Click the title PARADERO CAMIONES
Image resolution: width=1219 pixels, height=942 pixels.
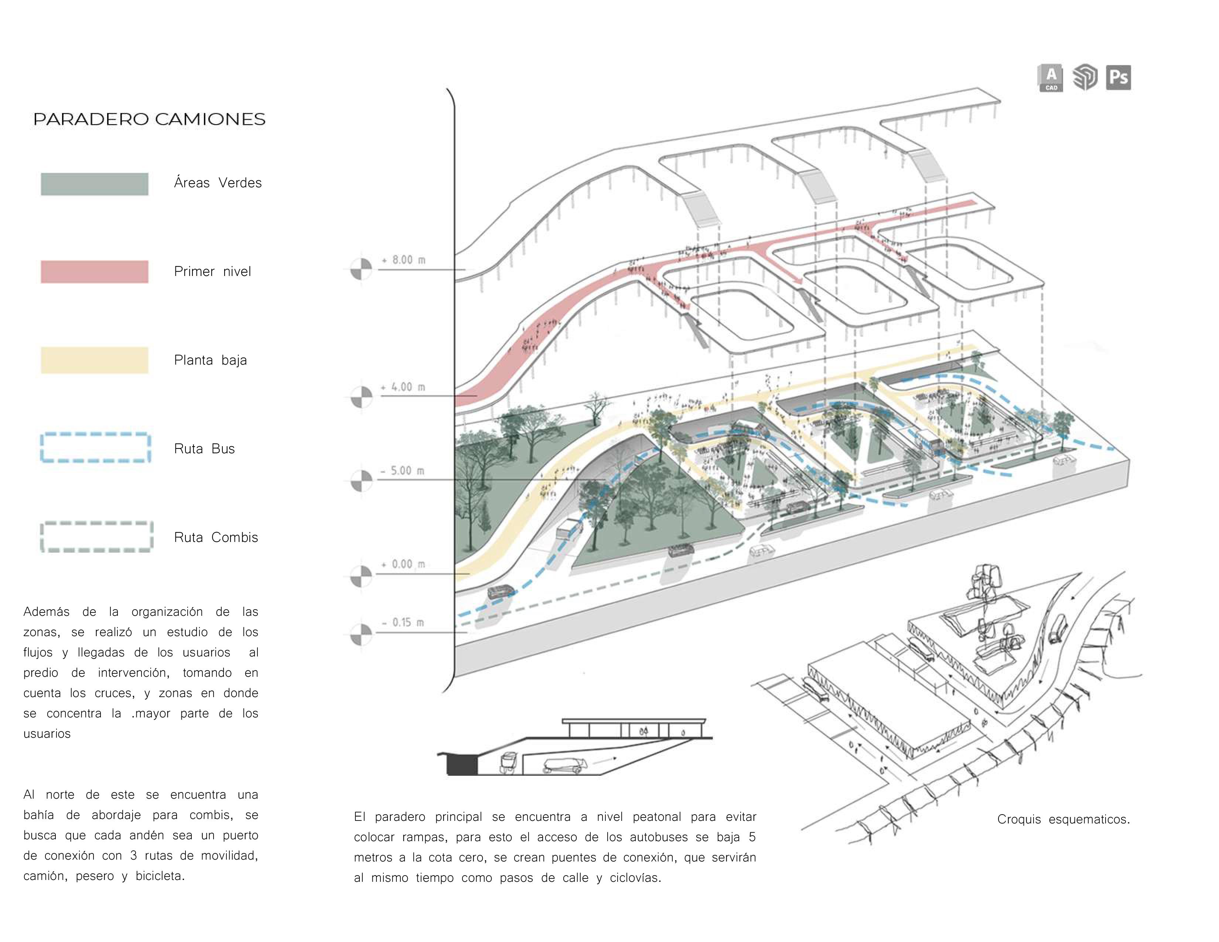149,119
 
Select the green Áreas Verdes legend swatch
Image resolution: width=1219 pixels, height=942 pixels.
94,184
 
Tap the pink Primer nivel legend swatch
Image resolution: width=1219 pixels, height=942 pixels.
94,272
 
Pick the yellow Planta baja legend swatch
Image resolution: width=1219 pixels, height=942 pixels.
94,360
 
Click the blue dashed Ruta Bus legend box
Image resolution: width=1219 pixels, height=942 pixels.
95,448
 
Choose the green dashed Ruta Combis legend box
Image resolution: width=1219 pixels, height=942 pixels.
96,537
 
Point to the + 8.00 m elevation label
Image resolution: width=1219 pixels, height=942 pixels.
403,260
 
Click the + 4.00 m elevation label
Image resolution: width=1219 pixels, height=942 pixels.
403,387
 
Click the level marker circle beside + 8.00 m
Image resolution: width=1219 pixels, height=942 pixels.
361,269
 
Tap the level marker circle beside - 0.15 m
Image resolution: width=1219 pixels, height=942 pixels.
361,634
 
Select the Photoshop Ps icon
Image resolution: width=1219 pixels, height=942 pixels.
1119,78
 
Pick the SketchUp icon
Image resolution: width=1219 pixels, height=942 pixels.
1085,78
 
